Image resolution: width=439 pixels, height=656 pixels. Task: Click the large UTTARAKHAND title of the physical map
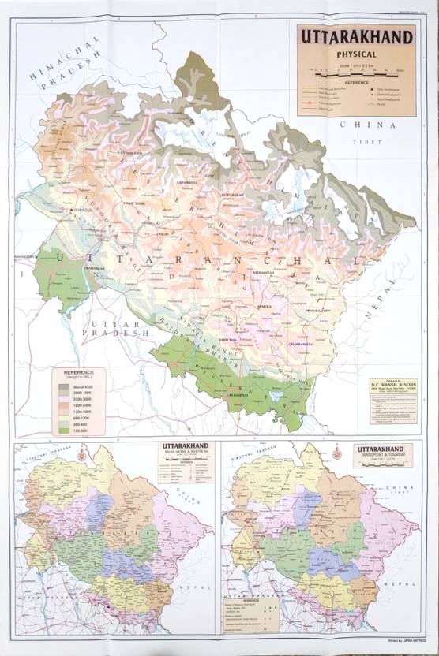point(356,37)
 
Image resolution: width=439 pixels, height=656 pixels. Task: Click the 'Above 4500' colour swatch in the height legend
point(66,386)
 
